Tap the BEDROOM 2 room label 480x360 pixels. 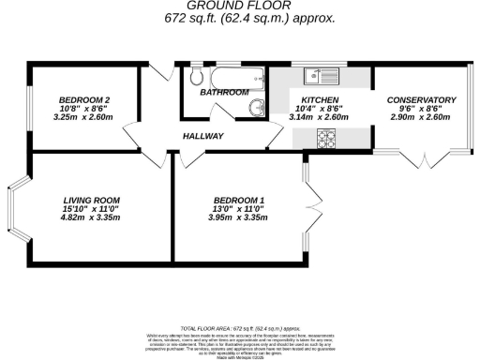tap(84, 100)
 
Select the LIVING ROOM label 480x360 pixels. tap(92, 200)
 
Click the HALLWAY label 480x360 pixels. tap(203, 137)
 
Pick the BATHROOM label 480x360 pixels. tap(224, 92)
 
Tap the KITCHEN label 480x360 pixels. tap(320, 100)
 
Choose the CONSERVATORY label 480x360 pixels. tap(421, 100)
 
